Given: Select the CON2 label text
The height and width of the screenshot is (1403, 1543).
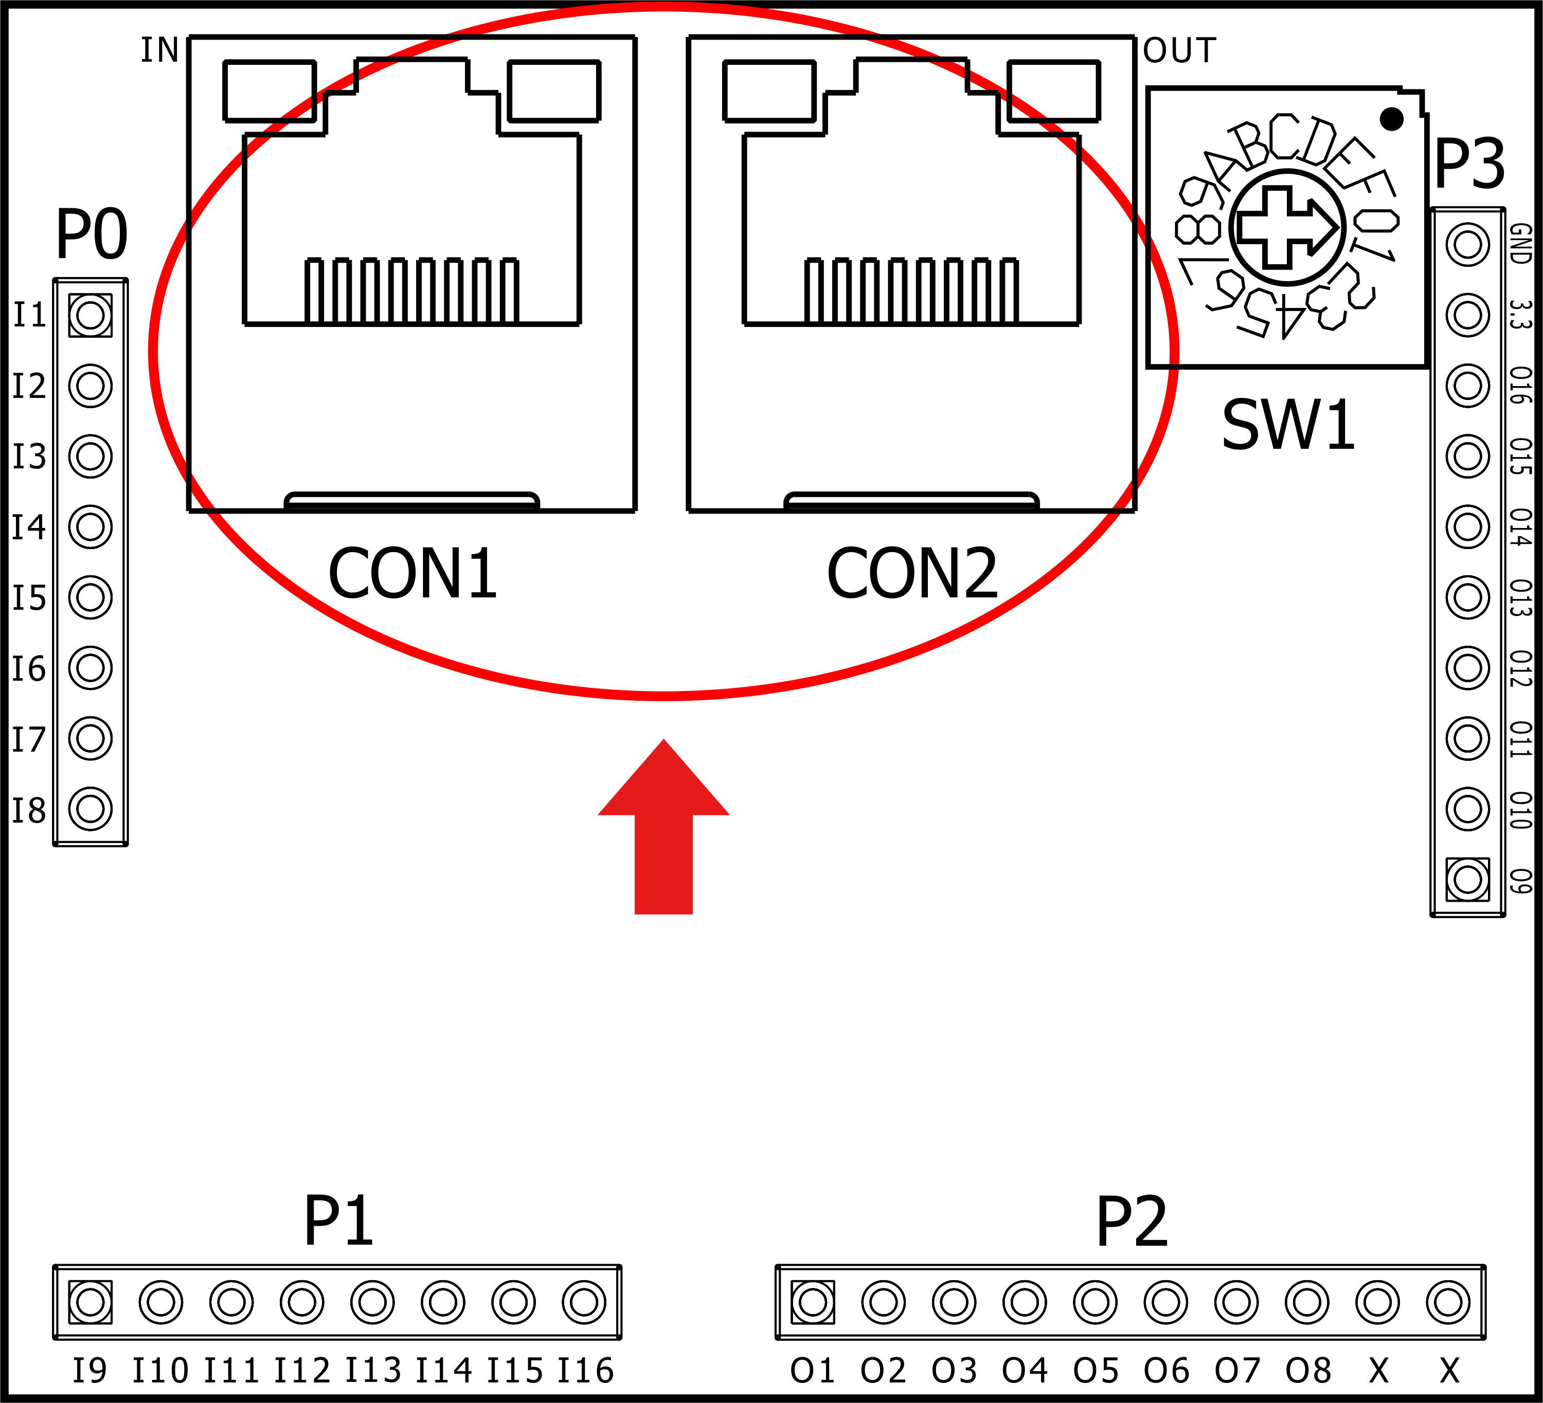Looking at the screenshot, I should coord(912,574).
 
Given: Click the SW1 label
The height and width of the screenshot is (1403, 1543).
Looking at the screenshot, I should coord(1288,425).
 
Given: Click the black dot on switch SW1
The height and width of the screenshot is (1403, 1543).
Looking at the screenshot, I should coord(1391,119).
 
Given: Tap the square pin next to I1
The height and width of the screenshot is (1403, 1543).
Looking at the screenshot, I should coord(91,315).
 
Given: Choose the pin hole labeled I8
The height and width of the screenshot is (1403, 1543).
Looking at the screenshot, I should coord(91,809).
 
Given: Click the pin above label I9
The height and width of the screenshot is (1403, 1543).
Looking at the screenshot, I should coord(91,1302).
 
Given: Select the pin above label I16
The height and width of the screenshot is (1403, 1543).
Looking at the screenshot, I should coord(584,1302).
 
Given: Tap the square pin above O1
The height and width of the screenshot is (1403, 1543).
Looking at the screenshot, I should coord(813,1302).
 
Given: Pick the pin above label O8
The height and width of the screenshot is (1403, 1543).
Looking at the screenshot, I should coord(1307,1302).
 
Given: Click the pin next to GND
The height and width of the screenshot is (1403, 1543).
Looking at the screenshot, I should coord(1467,245).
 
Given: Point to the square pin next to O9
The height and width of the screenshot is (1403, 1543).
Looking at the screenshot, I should coord(1467,880).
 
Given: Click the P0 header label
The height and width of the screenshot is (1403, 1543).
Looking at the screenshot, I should coord(91,235).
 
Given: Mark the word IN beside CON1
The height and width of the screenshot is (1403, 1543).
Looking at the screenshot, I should coord(160,50).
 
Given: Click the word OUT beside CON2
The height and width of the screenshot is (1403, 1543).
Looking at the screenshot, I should coord(1179,50).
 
